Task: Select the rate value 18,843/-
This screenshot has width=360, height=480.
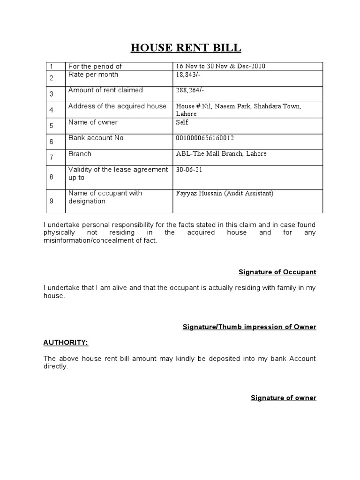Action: pyautogui.click(x=187, y=75)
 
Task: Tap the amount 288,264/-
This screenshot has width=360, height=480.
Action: pyautogui.click(x=189, y=90)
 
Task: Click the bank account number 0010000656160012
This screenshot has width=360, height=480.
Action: pyautogui.click(x=205, y=138)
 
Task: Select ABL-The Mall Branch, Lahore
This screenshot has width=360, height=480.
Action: pyautogui.click(x=221, y=154)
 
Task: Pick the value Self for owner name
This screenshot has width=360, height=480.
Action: pyautogui.click(x=182, y=122)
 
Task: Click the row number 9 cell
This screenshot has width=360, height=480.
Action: pyautogui.click(x=52, y=201)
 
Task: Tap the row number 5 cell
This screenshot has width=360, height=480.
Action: pyautogui.click(x=52, y=126)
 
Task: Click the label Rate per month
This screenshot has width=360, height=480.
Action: pyautogui.click(x=93, y=75)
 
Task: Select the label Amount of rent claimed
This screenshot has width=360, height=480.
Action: pyautogui.click(x=105, y=90)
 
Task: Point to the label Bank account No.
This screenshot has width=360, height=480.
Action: pyautogui.click(x=97, y=138)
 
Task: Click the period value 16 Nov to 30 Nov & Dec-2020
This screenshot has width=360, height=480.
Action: pyautogui.click(x=220, y=67)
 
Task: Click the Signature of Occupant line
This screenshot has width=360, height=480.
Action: pyautogui.click(x=277, y=272)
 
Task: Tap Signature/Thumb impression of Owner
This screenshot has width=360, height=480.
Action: pyautogui.click(x=249, y=327)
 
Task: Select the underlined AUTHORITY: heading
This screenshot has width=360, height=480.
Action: pyautogui.click(x=66, y=343)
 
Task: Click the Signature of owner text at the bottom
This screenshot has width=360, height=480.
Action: pyautogui.click(x=284, y=398)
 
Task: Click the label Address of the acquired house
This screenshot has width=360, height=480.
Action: pyautogui.click(x=117, y=106)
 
